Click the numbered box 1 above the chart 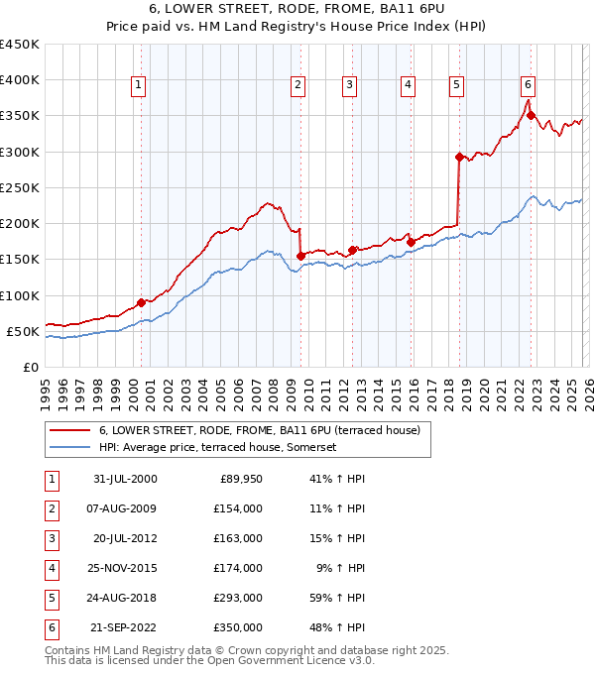click(138, 86)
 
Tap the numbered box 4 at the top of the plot click(408, 86)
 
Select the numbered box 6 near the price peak click(529, 86)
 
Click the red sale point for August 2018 click(459, 157)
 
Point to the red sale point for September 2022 click(532, 115)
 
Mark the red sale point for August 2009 click(300, 256)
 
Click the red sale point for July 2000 click(142, 302)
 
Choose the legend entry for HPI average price click(218, 447)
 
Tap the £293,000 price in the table click(240, 598)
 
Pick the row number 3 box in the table click(51, 538)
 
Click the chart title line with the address click(298, 11)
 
